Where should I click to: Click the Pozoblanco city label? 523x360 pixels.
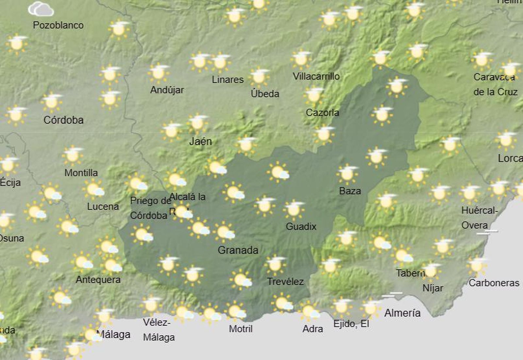pyautogui.click(x=58, y=25)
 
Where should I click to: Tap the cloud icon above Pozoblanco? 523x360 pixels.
pyautogui.click(x=41, y=9)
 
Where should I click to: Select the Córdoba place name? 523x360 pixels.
pyautogui.click(x=63, y=120)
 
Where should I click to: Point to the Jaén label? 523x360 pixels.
pyautogui.click(x=200, y=141)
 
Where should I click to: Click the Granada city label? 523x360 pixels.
pyautogui.click(x=238, y=250)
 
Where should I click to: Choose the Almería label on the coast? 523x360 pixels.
pyautogui.click(x=402, y=313)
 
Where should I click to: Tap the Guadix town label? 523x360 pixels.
pyautogui.click(x=301, y=226)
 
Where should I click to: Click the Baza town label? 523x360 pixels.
pyautogui.click(x=350, y=191)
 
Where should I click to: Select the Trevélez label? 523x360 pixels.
pyautogui.click(x=285, y=281)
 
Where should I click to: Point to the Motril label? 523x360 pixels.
pyautogui.click(x=241, y=329)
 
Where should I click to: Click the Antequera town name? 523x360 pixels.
pyautogui.click(x=98, y=280)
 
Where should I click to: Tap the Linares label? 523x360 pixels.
pyautogui.click(x=228, y=79)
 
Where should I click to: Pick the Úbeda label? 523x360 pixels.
pyautogui.click(x=265, y=94)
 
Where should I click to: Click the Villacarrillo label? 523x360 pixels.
pyautogui.click(x=316, y=76)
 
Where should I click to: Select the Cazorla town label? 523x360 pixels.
pyautogui.click(x=322, y=113)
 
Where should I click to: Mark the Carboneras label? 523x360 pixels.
pyautogui.click(x=494, y=283)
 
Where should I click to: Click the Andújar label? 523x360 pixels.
pyautogui.click(x=167, y=90)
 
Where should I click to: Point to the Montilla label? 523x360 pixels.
pyautogui.click(x=81, y=172)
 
